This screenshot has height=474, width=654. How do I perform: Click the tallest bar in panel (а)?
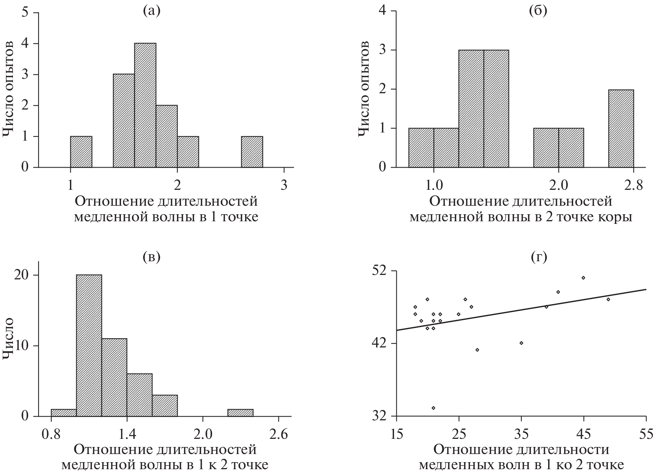(x=145, y=105)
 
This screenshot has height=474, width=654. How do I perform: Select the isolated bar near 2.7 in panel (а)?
(x=252, y=152)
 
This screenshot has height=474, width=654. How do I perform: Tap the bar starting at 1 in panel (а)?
(x=81, y=152)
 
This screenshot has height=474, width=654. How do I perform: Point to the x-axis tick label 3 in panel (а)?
(x=284, y=185)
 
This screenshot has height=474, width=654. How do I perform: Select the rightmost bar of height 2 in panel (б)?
(x=621, y=128)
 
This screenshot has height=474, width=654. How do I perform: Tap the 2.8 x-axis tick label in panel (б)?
(x=634, y=185)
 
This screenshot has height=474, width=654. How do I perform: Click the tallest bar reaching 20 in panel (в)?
(x=89, y=346)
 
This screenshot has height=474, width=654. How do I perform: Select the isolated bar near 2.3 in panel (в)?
(x=241, y=413)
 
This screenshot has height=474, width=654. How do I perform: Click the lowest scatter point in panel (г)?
(x=433, y=408)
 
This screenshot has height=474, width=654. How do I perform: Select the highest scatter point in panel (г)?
(x=583, y=278)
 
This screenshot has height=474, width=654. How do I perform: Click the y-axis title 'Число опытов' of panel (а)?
(x=9, y=90)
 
